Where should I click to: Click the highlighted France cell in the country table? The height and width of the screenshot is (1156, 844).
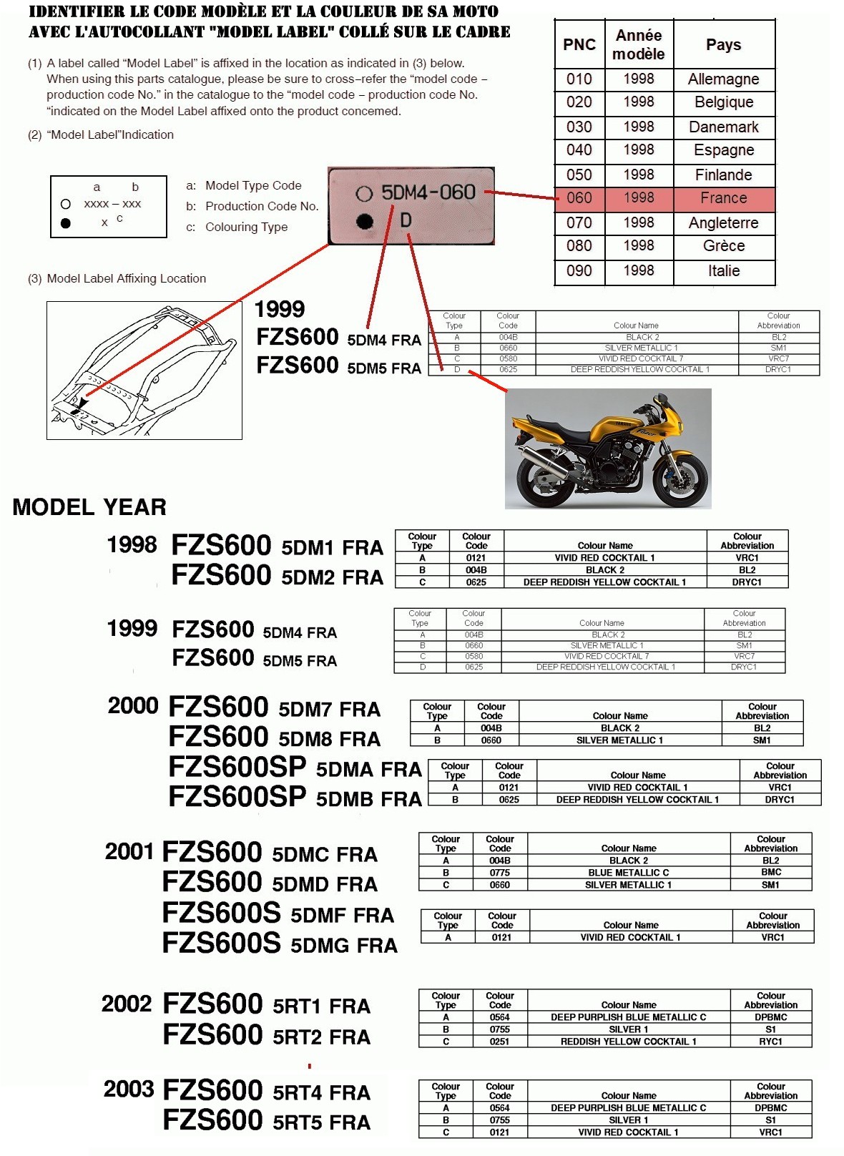tap(723, 198)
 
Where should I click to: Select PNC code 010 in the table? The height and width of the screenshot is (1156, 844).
tap(579, 79)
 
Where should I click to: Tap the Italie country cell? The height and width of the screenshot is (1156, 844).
tap(723, 271)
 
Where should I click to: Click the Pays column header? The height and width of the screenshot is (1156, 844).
tap(723, 45)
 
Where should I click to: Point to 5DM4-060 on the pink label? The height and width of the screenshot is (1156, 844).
tap(428, 192)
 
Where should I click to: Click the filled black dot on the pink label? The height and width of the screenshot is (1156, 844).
tap(365, 222)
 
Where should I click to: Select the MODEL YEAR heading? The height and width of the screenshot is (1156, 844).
tap(89, 507)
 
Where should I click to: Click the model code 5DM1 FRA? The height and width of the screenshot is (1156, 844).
tap(332, 548)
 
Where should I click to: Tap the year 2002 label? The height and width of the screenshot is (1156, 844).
tap(126, 1004)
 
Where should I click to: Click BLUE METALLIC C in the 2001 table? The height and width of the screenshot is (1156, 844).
tap(628, 873)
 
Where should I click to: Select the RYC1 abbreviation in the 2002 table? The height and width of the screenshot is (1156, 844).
tap(770, 1042)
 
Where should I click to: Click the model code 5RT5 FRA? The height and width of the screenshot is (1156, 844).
tap(321, 1122)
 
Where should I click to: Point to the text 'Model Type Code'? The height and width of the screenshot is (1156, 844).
tap(253, 186)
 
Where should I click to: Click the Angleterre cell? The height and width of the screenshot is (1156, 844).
tap(723, 223)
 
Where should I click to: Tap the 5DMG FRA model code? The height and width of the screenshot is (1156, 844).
tap(343, 946)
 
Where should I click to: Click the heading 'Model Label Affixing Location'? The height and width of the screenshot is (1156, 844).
tap(126, 279)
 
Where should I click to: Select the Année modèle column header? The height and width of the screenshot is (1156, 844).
tap(638, 45)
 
